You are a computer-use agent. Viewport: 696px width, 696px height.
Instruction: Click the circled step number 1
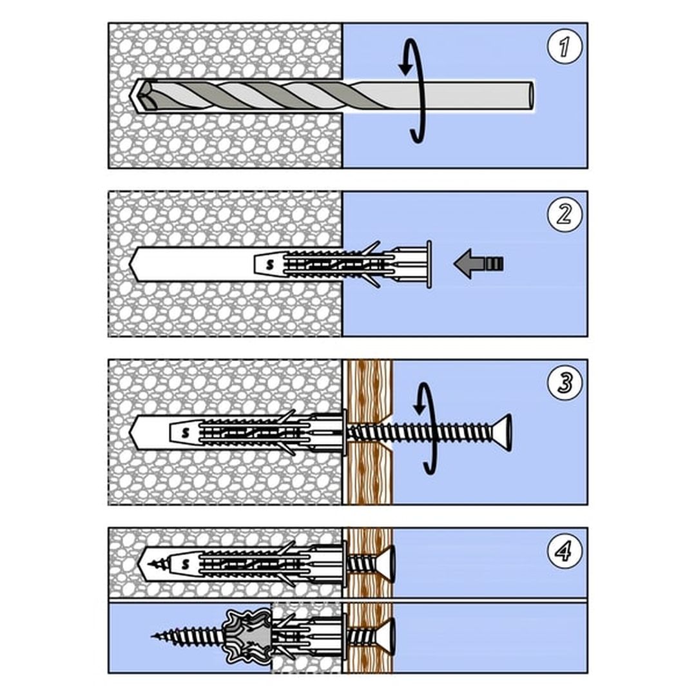coord(565,46)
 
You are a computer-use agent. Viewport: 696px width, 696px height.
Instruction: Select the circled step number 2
coord(565,215)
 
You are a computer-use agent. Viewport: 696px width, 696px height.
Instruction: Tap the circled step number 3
coord(565,383)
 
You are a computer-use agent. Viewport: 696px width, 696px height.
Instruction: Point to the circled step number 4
coord(565,551)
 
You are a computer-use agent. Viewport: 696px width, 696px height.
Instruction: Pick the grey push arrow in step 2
coord(478,264)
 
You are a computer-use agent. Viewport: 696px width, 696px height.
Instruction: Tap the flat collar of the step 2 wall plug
coord(429,265)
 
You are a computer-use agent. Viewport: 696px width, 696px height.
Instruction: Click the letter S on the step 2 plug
coord(270,265)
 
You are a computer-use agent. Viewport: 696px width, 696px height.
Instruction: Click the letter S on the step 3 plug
coord(186,433)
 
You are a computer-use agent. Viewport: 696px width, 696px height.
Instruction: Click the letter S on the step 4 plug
coord(186,564)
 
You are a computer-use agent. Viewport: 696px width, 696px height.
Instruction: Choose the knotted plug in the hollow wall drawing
coord(247,635)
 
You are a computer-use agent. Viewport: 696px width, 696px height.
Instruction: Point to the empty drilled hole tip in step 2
coord(131,264)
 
